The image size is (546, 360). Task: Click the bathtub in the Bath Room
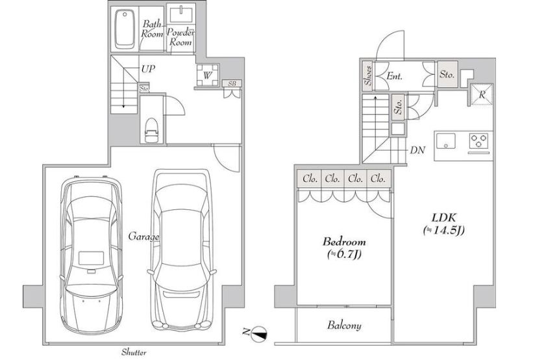(125, 29)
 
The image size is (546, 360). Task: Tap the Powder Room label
(180, 37)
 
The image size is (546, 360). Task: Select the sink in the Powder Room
(180, 15)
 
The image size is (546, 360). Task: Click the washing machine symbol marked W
(208, 75)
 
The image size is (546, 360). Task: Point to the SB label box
(232, 84)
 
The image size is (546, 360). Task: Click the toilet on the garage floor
(151, 130)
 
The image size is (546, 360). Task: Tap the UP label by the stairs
(148, 69)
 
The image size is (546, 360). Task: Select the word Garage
(144, 237)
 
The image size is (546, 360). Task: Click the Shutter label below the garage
(134, 352)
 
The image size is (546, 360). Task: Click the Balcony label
(344, 326)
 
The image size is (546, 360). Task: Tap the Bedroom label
(344, 242)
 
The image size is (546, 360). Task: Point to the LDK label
(443, 218)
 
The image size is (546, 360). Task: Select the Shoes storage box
(368, 75)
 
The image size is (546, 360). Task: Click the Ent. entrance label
(395, 76)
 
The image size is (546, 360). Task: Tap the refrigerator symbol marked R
(482, 94)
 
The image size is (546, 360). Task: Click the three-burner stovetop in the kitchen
(479, 141)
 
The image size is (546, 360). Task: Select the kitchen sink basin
(445, 141)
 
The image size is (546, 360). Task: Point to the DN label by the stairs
(417, 150)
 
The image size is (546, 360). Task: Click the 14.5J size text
(443, 230)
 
